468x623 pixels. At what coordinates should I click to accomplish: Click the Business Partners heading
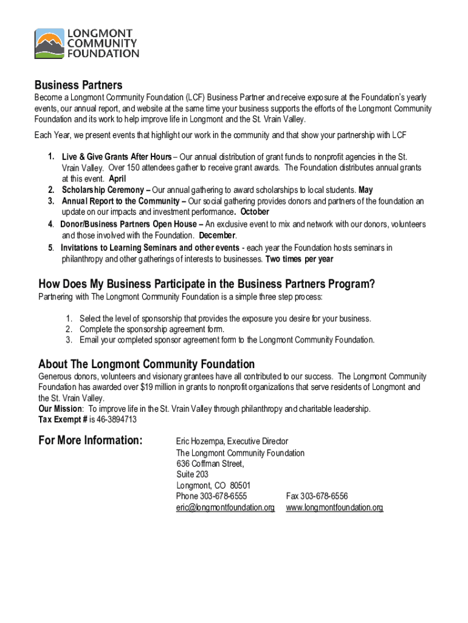tap(78, 85)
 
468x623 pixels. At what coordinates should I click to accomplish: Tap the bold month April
tap(117, 179)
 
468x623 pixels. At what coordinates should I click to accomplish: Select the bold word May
tap(366, 190)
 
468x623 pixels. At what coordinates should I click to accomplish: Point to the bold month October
tap(255, 212)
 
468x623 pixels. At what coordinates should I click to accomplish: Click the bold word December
tap(216, 235)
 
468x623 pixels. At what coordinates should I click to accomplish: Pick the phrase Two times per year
tap(299, 259)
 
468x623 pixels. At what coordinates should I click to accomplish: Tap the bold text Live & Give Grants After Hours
tap(117, 158)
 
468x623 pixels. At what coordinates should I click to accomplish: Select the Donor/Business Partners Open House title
tap(129, 224)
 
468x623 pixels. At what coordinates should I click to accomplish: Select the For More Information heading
tap(91, 440)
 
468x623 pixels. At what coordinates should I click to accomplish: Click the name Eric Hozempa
tap(200, 441)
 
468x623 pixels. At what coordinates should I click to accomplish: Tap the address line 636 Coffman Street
tap(210, 464)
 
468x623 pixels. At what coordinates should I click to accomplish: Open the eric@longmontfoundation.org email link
tap(225, 507)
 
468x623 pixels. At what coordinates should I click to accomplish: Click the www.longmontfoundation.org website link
tap(335, 507)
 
